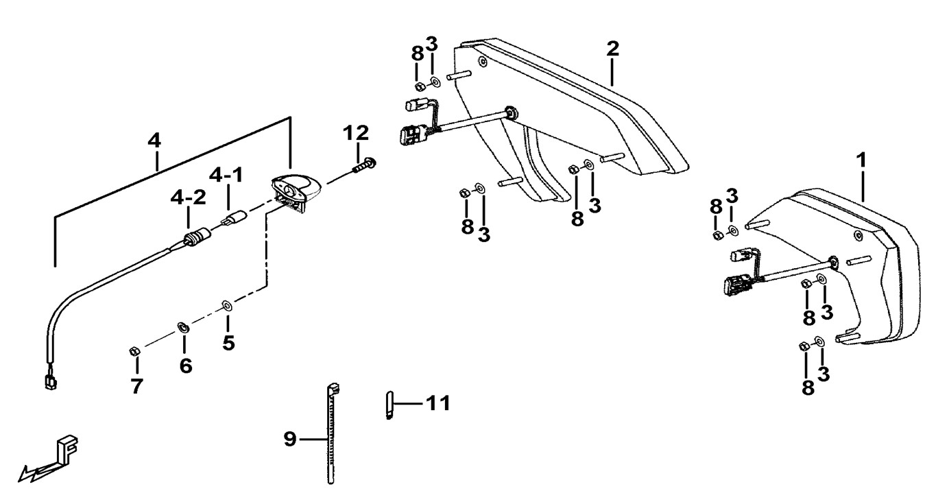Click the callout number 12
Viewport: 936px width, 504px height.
(x=357, y=132)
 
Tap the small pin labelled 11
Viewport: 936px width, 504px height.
(x=388, y=405)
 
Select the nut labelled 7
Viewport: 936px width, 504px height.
(x=134, y=352)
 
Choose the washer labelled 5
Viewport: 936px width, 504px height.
(x=227, y=304)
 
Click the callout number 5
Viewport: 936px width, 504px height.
(x=228, y=343)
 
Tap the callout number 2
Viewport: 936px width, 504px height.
(x=612, y=49)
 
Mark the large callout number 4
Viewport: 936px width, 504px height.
(x=154, y=141)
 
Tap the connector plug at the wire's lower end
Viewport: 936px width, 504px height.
(x=49, y=381)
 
